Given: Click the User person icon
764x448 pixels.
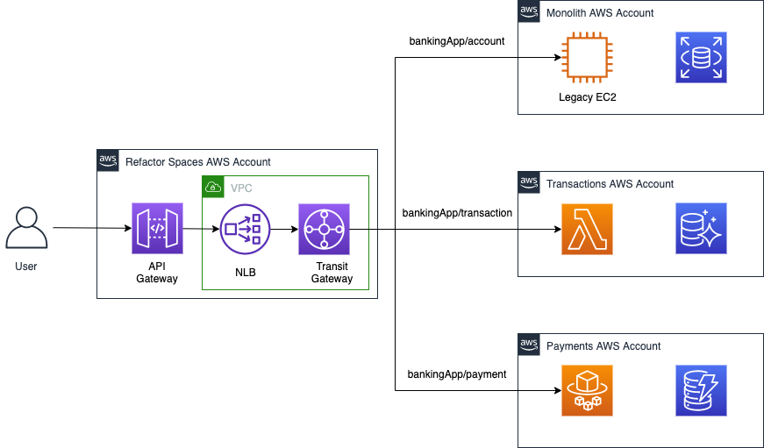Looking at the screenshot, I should click(26, 229).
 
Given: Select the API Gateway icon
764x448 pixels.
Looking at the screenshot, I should click(157, 229).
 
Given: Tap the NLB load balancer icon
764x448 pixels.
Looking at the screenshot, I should click(245, 229).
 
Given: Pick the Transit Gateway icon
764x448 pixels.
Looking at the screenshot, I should click(324, 230).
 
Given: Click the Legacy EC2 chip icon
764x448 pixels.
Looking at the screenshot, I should click(587, 58).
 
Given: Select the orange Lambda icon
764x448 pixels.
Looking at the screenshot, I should click(587, 230).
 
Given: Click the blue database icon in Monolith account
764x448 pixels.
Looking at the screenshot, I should click(701, 58).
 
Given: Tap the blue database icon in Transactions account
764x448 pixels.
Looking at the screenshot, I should click(701, 230).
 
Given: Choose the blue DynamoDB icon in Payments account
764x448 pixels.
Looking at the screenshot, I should click(701, 391).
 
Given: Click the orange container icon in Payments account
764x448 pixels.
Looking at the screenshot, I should click(587, 391).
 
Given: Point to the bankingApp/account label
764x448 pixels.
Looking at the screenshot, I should click(456, 40).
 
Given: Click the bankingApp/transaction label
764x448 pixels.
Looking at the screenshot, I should click(457, 212).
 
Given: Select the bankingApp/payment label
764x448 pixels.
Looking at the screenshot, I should click(456, 374).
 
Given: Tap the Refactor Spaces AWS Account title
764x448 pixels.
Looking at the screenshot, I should click(197, 162).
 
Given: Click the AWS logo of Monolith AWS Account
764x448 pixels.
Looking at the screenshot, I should click(529, 11).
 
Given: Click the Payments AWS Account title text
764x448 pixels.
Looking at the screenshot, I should click(603, 346).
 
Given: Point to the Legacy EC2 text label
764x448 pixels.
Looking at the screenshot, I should click(587, 96).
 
